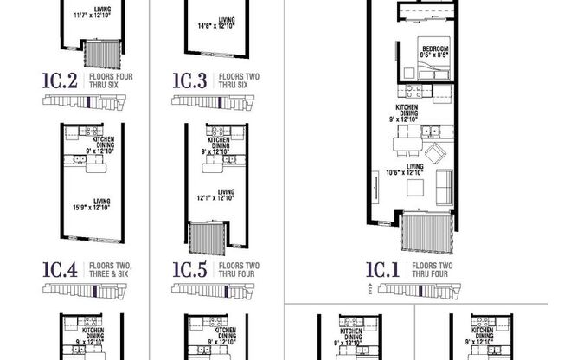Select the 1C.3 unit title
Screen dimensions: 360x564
[x=189, y=82]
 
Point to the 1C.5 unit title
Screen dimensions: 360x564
[x=189, y=269]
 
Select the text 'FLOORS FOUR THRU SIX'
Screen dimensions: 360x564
[x=107, y=82]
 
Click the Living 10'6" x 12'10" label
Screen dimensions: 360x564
[x=410, y=170]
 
